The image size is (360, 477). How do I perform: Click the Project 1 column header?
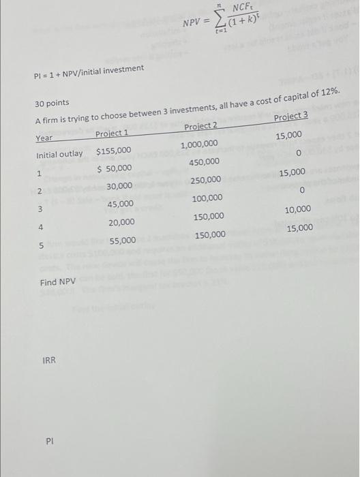pos(112,133)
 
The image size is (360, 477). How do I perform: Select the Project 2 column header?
pos(201,126)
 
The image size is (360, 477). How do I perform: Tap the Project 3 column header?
pos(290,116)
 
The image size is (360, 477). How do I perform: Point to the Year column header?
pos(44,138)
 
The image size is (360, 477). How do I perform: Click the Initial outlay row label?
pos(59,154)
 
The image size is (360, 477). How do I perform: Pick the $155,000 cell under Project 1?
pos(113,151)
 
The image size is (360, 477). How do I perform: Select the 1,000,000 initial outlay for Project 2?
pos(199,144)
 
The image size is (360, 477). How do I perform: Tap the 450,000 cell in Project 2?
pos(204,162)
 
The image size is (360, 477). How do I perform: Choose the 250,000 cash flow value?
pos(205,180)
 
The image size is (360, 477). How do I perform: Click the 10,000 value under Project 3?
pos(299,210)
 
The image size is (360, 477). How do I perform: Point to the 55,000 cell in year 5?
pos(123,241)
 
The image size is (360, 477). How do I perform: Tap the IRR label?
pos(48,360)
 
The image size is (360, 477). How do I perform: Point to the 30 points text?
pos(52,103)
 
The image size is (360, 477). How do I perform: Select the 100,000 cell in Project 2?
pos(207,198)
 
